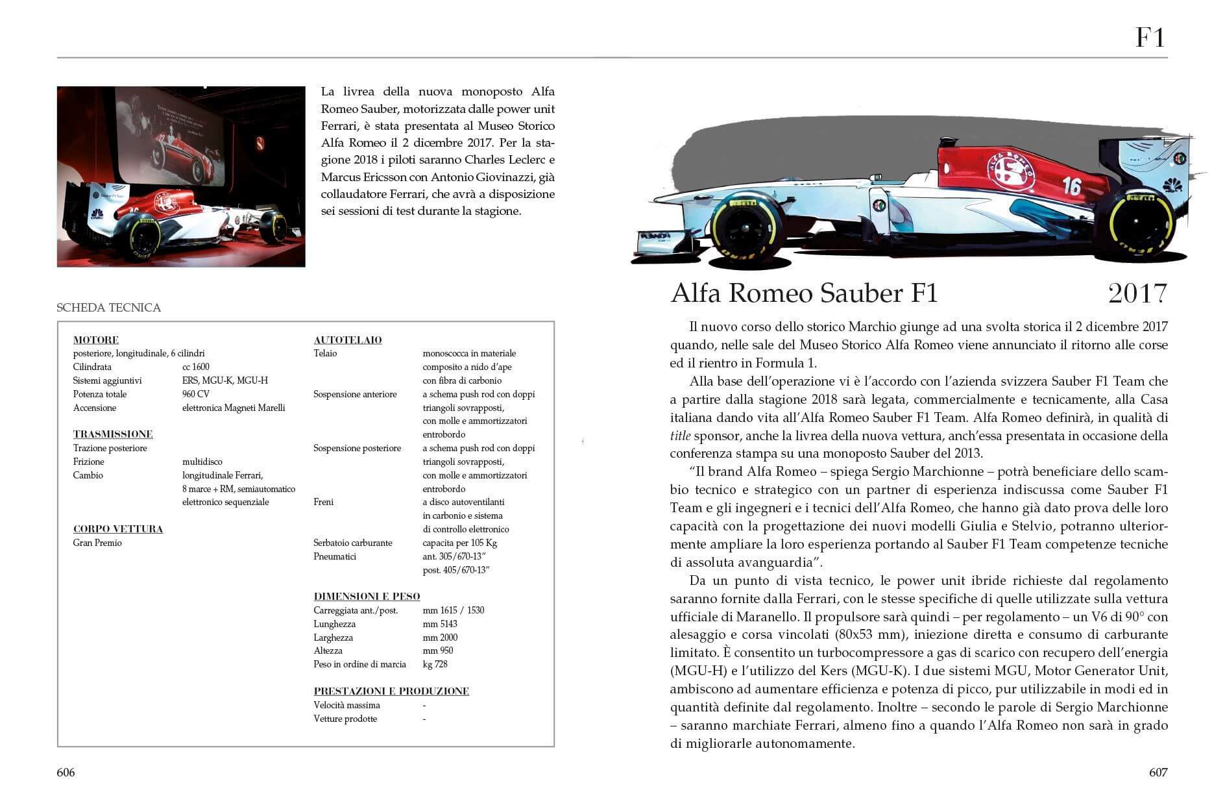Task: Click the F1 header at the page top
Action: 1150,37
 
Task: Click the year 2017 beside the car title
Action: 1137,293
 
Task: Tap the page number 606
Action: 66,772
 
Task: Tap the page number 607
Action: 1158,772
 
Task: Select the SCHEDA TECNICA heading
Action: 108,308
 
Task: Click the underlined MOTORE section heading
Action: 95,340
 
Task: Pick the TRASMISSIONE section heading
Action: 112,434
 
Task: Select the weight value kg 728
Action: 435,664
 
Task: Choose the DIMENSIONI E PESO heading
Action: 367,596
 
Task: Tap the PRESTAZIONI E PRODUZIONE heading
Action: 391,691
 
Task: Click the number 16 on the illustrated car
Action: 1071,186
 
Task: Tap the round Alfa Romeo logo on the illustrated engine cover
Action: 1010,170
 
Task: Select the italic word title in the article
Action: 680,436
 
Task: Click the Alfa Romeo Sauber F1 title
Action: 804,293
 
